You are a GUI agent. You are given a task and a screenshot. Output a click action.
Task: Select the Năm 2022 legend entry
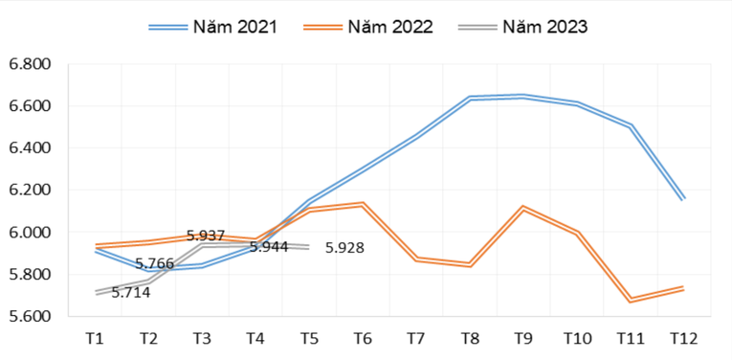tap(368, 27)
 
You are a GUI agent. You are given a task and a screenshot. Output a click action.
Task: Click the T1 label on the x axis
tap(95, 339)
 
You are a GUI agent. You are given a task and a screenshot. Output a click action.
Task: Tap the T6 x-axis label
tap(363, 339)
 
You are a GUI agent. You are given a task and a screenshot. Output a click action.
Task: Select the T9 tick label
tap(523, 339)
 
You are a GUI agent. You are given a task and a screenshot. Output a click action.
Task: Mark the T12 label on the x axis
tap(683, 339)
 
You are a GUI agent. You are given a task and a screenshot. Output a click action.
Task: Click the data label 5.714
tap(130, 292)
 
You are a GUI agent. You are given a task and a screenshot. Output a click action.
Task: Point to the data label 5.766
tap(154, 263)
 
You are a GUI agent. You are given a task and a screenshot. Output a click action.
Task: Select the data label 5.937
tap(206, 236)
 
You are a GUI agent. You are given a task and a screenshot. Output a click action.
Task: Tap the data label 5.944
tap(269, 247)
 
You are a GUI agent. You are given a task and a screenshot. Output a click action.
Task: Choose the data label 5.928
tap(344, 248)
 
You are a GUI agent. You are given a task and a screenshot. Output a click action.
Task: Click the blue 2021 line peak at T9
tap(523, 96)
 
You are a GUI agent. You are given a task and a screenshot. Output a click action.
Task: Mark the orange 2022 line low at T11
tap(630, 300)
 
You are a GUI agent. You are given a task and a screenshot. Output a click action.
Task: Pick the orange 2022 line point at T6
tap(363, 204)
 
